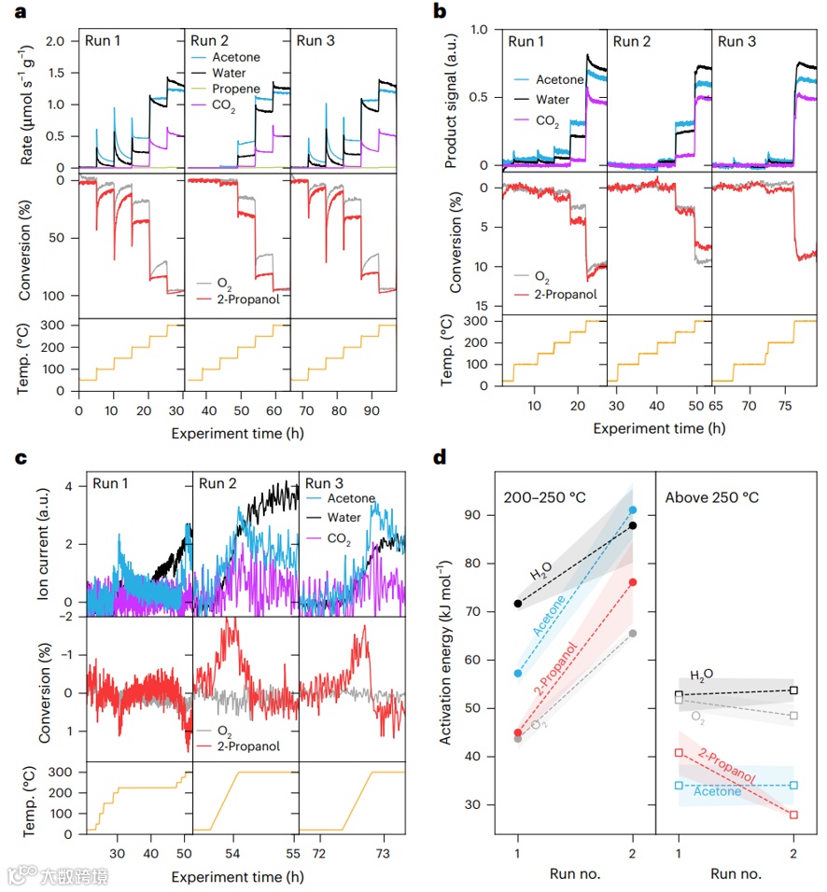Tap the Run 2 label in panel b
click(635, 41)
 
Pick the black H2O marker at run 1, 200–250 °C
click(518, 604)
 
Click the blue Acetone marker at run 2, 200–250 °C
click(634, 510)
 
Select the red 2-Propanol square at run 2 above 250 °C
click(793, 815)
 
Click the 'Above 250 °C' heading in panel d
click(711, 496)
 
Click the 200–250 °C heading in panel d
click(544, 496)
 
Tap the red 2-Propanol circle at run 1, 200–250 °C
click(518, 733)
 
